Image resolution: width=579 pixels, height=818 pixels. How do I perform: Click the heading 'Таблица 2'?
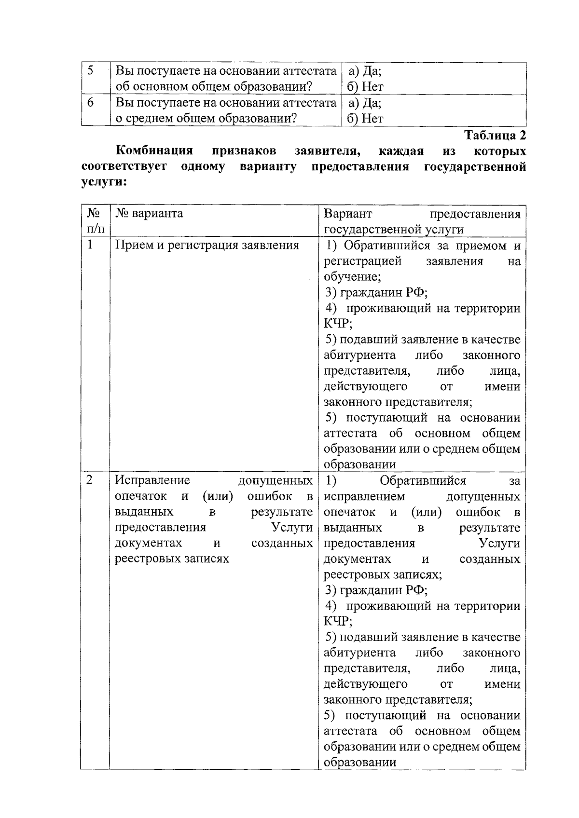[x=495, y=135]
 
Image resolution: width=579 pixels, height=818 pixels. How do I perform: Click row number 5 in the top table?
[x=90, y=71]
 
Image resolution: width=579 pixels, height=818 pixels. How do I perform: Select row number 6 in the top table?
[x=90, y=103]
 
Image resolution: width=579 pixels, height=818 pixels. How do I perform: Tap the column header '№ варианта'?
[x=149, y=213]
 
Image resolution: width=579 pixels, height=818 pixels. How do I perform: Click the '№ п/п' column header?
[x=95, y=220]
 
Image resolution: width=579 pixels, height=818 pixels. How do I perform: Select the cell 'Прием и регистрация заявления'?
[x=207, y=245]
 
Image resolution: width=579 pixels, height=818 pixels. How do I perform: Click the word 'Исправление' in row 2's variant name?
[x=152, y=480]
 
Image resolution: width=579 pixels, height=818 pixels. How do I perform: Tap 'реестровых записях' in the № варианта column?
[x=172, y=559]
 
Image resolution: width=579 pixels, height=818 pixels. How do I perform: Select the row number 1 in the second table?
[x=90, y=245]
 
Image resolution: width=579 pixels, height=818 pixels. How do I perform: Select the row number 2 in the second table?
[x=90, y=480]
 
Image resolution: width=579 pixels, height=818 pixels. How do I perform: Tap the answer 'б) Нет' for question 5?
[x=365, y=87]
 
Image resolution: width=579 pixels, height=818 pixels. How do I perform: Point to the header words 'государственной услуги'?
[x=394, y=229]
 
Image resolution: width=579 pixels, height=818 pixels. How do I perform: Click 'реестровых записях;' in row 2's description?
[x=383, y=574]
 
